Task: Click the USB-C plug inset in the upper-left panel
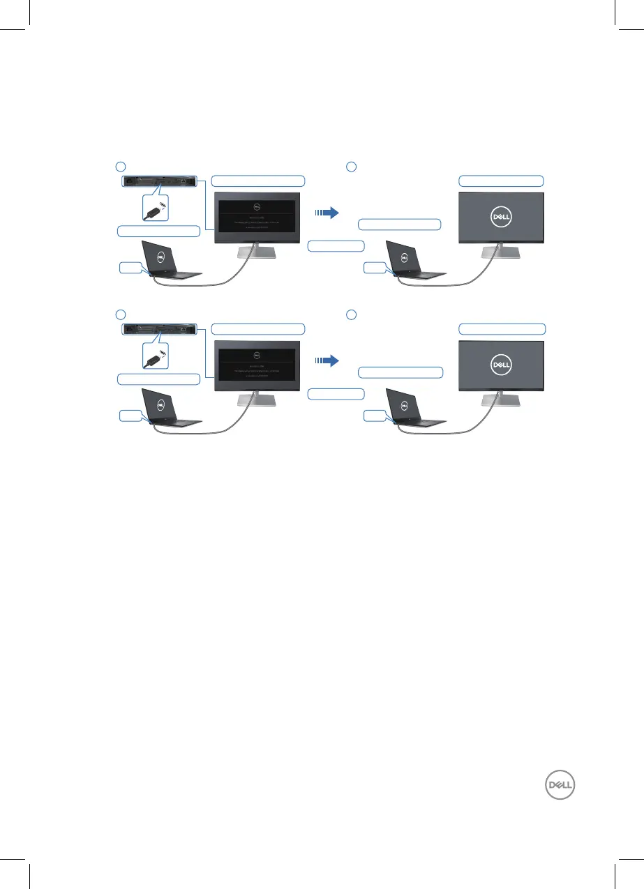(x=157, y=207)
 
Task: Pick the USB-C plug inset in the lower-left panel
(x=157, y=355)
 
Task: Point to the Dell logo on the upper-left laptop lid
(x=160, y=256)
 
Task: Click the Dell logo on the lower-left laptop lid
(x=160, y=404)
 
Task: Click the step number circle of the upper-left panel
(x=120, y=166)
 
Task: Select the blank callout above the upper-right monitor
(x=500, y=181)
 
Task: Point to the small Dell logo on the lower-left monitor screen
(x=256, y=354)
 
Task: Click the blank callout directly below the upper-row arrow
(x=336, y=245)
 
